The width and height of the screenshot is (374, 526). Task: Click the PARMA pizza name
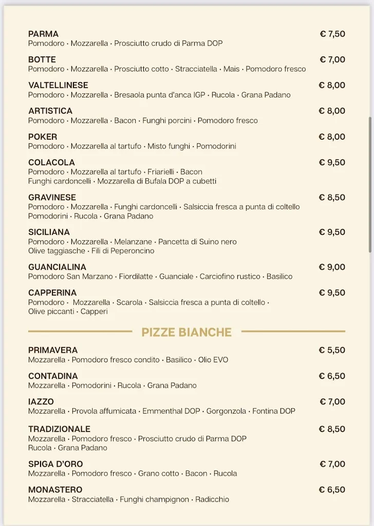(43, 34)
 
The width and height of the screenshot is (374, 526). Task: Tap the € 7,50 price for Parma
(332, 34)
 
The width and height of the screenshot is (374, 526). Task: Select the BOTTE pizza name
(42, 60)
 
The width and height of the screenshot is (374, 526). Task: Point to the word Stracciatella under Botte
(196, 69)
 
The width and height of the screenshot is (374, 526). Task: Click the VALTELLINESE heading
(58, 85)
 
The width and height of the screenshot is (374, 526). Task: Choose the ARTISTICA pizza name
(50, 111)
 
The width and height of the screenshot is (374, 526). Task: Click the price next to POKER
(332, 137)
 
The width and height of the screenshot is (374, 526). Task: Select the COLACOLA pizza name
(51, 162)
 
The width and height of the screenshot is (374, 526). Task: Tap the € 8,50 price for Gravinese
(332, 197)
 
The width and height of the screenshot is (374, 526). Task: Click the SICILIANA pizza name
(49, 232)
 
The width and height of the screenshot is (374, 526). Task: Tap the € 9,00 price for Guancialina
(332, 267)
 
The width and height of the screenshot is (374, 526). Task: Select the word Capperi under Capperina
(94, 311)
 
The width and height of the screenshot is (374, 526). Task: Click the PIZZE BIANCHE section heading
(186, 332)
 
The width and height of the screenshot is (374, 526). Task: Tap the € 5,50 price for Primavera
(332, 350)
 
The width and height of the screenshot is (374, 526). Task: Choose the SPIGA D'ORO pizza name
(55, 464)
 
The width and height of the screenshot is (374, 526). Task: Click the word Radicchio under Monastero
(213, 499)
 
